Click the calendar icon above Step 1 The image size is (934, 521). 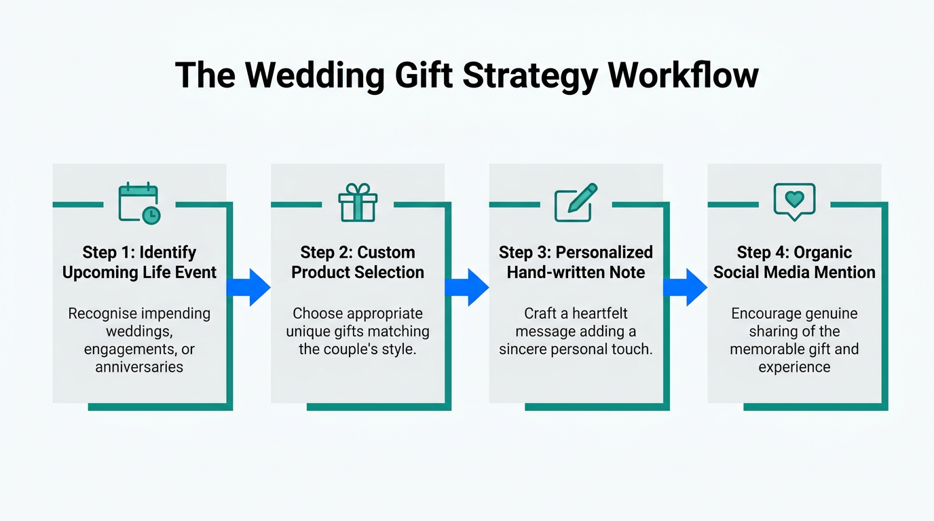[138, 203]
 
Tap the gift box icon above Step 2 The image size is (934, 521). [358, 203]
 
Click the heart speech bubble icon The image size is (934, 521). [794, 201]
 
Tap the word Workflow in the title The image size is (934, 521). [683, 75]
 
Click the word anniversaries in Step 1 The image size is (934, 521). [139, 367]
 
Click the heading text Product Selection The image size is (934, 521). [358, 273]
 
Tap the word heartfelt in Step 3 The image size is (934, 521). [600, 314]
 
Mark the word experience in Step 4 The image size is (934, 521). [794, 367]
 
